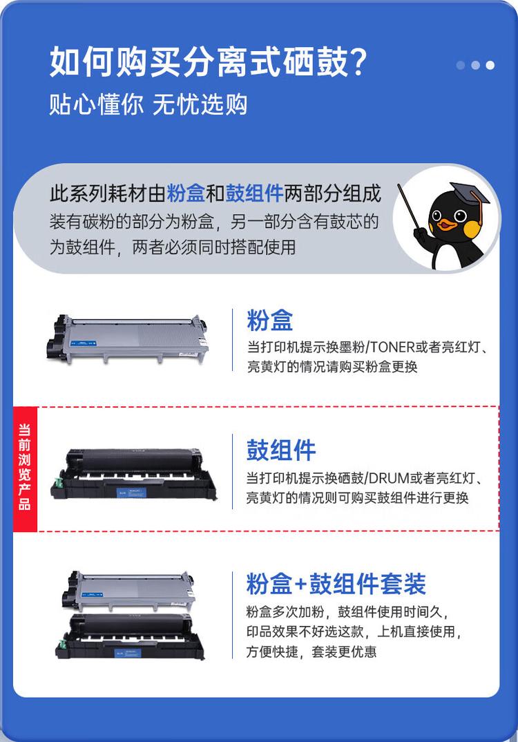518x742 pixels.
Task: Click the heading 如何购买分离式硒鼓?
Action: coord(207,63)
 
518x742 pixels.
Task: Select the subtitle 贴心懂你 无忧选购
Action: coord(148,104)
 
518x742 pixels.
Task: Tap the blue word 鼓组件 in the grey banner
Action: coord(255,193)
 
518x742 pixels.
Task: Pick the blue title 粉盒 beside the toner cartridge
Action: coord(270,320)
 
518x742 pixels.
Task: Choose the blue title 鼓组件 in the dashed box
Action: coord(281,450)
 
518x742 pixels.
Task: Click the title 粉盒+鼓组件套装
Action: coord(336,584)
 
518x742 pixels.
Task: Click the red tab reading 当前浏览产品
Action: coord(25,467)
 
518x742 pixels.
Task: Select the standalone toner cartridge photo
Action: coord(129,339)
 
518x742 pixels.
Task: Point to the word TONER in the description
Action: coord(395,346)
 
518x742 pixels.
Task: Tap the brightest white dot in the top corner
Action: coord(490,65)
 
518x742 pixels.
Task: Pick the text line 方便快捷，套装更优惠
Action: coord(311,651)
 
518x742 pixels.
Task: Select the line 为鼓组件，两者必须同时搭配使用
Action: coord(172,247)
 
